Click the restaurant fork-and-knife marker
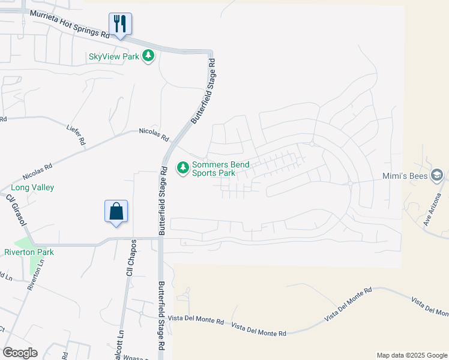coord(120,24)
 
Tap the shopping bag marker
coord(116,211)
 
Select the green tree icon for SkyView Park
coord(148,56)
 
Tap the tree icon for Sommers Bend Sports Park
coord(182,168)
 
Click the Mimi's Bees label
coord(406,176)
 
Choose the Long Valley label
coord(32,188)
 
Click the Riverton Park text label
coord(29,252)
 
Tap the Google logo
coord(20,353)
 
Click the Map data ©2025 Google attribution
coord(411,355)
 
